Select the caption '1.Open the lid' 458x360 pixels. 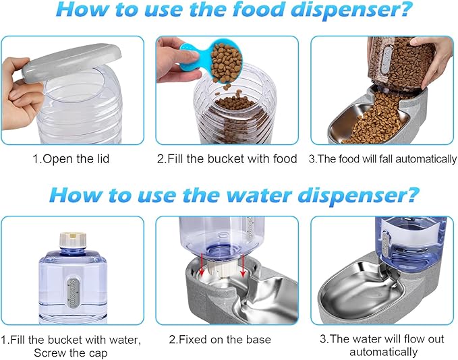point(72,159)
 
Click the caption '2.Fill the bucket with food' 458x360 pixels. point(227,159)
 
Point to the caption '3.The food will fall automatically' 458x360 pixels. point(382,159)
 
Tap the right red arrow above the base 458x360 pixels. point(241,267)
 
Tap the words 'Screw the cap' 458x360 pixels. point(71,352)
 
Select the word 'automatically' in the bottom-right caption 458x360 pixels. point(383,352)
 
